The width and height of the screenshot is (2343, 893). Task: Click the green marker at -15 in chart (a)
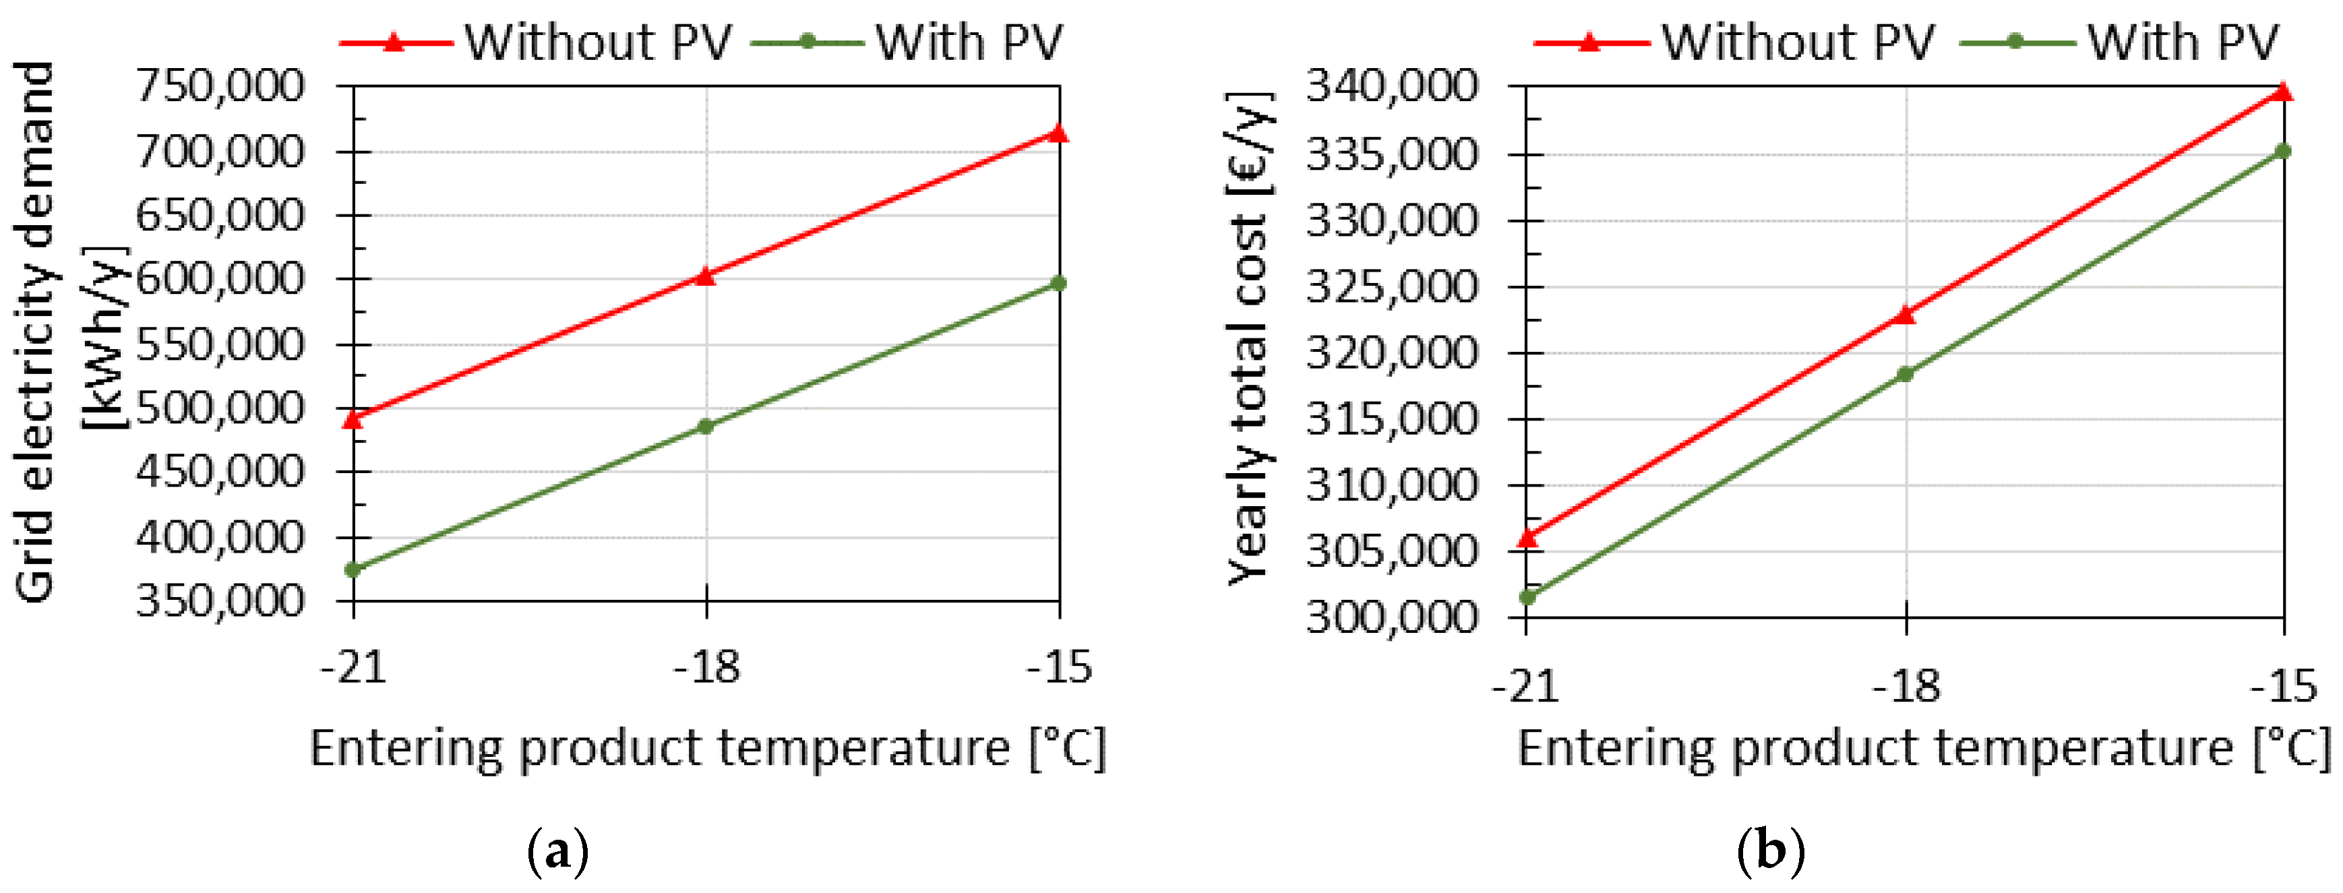(x=1059, y=284)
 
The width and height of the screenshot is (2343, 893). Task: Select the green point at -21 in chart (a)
(x=353, y=570)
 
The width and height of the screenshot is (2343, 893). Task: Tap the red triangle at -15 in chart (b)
(x=2283, y=92)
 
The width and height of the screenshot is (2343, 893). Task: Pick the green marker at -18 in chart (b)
(x=1906, y=374)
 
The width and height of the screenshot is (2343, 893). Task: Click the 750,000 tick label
(x=220, y=86)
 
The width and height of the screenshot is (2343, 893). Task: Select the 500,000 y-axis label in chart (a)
(x=220, y=408)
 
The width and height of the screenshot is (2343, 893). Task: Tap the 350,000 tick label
(x=220, y=601)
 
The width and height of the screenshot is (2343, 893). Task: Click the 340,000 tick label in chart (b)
(x=1392, y=86)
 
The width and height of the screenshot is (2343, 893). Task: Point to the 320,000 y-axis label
(x=1392, y=353)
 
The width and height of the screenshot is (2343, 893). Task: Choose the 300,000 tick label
(x=1392, y=617)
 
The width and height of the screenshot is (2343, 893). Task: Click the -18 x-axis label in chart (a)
(x=706, y=669)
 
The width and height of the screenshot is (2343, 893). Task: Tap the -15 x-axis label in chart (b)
(x=2284, y=687)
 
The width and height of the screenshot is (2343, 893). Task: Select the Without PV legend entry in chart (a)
(x=537, y=42)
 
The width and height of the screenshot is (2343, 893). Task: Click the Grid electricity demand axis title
(x=36, y=332)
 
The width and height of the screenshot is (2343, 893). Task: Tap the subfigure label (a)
(x=557, y=852)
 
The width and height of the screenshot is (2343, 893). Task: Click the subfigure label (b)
(x=1770, y=852)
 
